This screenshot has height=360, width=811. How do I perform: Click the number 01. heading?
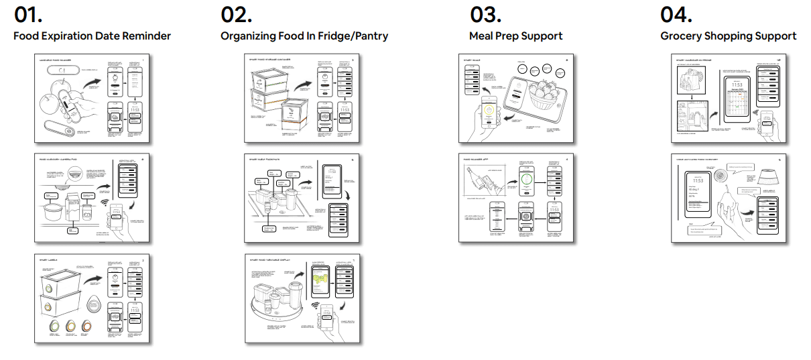pos(27,15)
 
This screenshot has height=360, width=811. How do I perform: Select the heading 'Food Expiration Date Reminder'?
pos(92,36)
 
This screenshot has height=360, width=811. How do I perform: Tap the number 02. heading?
pos(237,15)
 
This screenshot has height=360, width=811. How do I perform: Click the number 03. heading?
pos(486,15)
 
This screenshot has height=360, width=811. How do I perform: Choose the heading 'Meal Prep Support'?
pos(515,36)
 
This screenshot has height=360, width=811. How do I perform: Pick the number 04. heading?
pos(676,15)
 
